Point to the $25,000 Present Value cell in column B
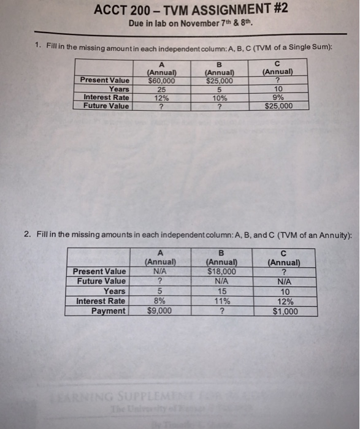tap(219, 80)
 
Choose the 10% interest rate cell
tap(219, 97)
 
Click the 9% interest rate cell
tap(278, 97)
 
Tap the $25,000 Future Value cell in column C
tap(278, 105)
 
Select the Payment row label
tap(108, 311)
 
